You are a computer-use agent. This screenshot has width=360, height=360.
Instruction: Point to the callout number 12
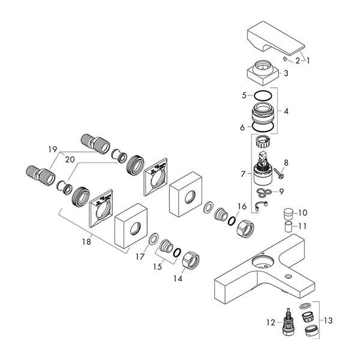[271, 323]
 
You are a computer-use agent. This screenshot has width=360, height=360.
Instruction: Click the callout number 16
[242, 206]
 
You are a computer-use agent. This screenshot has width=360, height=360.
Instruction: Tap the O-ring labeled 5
[263, 95]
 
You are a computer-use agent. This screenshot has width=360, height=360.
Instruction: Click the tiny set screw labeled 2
[286, 59]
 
